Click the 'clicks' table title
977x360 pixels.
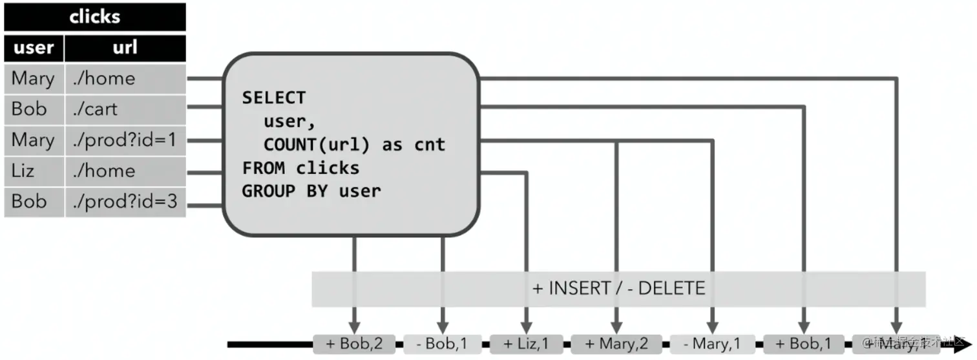(95, 17)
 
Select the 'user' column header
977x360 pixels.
(34, 47)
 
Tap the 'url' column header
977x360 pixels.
(125, 47)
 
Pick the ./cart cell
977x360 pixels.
(95, 109)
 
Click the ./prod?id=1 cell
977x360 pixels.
(124, 140)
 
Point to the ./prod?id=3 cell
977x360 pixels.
(124, 202)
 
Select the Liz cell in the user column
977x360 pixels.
(23, 171)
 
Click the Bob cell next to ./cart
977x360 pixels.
(29, 109)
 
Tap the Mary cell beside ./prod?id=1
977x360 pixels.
(33, 140)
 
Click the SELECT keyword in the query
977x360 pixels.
(273, 98)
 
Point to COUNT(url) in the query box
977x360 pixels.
(317, 145)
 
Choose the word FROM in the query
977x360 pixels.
(264, 168)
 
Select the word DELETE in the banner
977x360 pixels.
(672, 288)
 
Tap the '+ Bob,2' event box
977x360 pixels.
(354, 344)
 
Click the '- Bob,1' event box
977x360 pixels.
(442, 344)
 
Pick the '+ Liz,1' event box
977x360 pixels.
(527, 344)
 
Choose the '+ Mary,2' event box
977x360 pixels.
(616, 344)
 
